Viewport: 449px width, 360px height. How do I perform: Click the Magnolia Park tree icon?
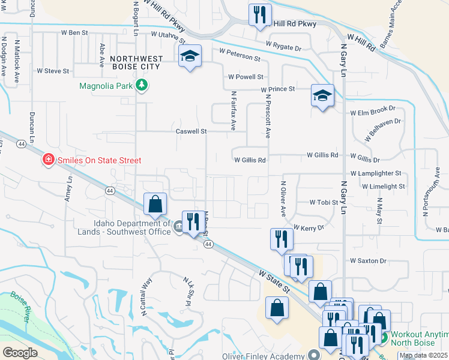(142, 85)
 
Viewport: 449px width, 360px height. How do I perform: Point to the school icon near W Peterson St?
(190, 56)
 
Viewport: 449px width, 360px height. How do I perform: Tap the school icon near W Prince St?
(322, 95)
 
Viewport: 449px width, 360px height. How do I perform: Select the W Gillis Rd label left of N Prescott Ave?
(250, 160)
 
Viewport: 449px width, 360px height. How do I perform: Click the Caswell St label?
(191, 131)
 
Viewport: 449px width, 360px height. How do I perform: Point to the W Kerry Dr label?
(309, 228)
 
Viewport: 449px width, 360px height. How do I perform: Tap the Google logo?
(20, 352)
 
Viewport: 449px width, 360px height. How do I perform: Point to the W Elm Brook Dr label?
(373, 110)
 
